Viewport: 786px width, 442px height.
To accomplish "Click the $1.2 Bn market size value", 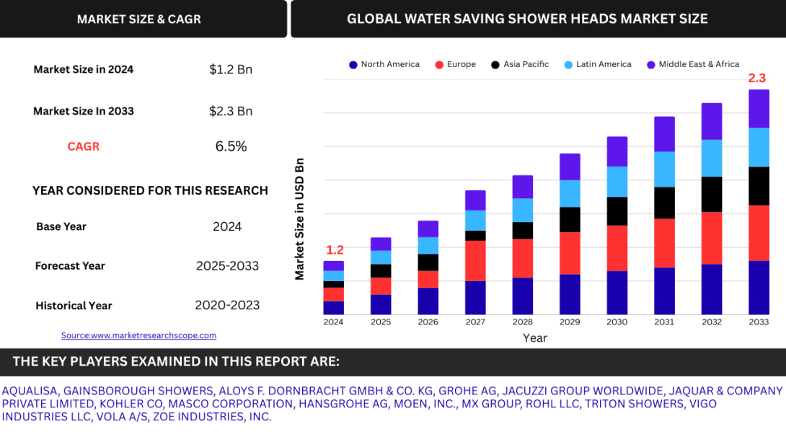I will (x=231, y=70).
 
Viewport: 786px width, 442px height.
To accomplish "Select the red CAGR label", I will (x=83, y=146).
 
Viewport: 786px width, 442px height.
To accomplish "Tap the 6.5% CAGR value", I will (x=231, y=146).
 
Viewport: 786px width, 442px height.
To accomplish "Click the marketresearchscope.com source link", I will (x=138, y=335).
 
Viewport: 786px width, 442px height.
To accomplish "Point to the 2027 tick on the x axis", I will (x=475, y=322).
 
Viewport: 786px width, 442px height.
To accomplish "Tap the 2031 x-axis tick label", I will (x=664, y=322).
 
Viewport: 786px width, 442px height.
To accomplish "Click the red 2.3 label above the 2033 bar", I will (x=757, y=79).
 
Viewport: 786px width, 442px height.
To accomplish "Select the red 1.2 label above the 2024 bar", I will (x=335, y=250).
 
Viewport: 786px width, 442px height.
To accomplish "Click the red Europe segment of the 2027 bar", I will (x=475, y=260).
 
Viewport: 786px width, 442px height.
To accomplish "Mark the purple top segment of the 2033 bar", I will (x=759, y=108).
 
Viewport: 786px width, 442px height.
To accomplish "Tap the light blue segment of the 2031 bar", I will (x=664, y=169).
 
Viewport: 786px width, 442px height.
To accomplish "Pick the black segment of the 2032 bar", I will (x=712, y=194).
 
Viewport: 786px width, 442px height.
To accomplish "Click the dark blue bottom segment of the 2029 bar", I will (x=570, y=294).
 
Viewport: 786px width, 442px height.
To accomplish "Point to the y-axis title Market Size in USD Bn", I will (x=300, y=218).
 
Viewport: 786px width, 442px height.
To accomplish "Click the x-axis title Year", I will (x=535, y=337).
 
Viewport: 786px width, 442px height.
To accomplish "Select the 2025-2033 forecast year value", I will (x=227, y=266).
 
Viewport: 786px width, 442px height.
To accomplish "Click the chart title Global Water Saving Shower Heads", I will (x=527, y=19).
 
